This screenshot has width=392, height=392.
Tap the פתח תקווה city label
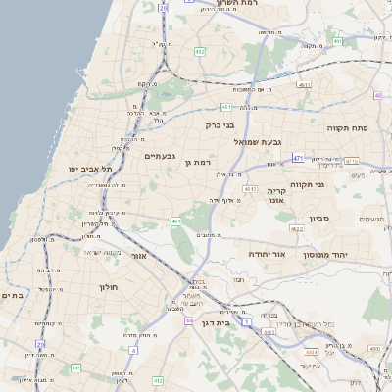(x=347, y=127)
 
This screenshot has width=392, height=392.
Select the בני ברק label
(x=221, y=125)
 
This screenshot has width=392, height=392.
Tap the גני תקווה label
(x=307, y=183)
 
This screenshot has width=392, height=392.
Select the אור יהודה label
(x=266, y=254)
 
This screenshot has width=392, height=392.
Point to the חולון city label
(x=108, y=287)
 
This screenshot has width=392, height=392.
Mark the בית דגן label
(x=227, y=321)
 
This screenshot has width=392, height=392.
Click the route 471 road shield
(x=298, y=157)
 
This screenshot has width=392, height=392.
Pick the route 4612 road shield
(x=250, y=189)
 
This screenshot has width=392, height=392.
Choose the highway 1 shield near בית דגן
(x=247, y=321)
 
